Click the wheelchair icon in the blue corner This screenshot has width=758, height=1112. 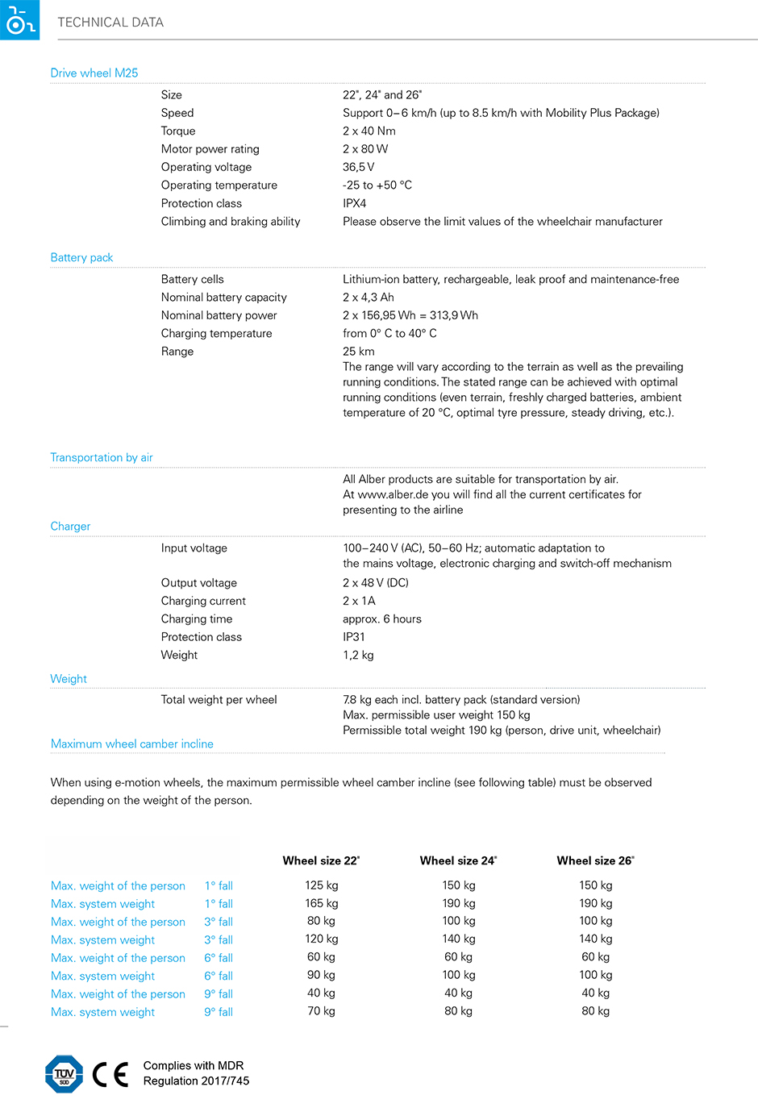18,19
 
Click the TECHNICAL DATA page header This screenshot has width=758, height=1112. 110,23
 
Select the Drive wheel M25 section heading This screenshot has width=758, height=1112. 94,73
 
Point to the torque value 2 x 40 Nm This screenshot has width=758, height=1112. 369,131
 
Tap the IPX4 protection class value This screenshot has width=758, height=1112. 355,203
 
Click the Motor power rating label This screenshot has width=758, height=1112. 210,149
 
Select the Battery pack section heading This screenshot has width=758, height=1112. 81,257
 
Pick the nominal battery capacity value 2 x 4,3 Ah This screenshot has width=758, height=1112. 369,298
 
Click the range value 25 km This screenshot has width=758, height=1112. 359,352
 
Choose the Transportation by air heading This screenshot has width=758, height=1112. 102,457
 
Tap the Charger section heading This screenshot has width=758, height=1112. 70,526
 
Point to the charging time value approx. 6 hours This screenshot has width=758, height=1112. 382,619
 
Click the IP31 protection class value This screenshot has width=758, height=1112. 354,637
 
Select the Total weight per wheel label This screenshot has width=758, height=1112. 219,700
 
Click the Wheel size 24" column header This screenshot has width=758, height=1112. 458,860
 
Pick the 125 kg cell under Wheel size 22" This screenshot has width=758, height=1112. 322,885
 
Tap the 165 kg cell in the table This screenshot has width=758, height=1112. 322,903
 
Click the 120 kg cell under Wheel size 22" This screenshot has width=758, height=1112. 322,939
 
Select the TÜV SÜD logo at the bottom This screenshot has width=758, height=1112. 65,1074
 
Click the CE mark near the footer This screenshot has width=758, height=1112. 110,1074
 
